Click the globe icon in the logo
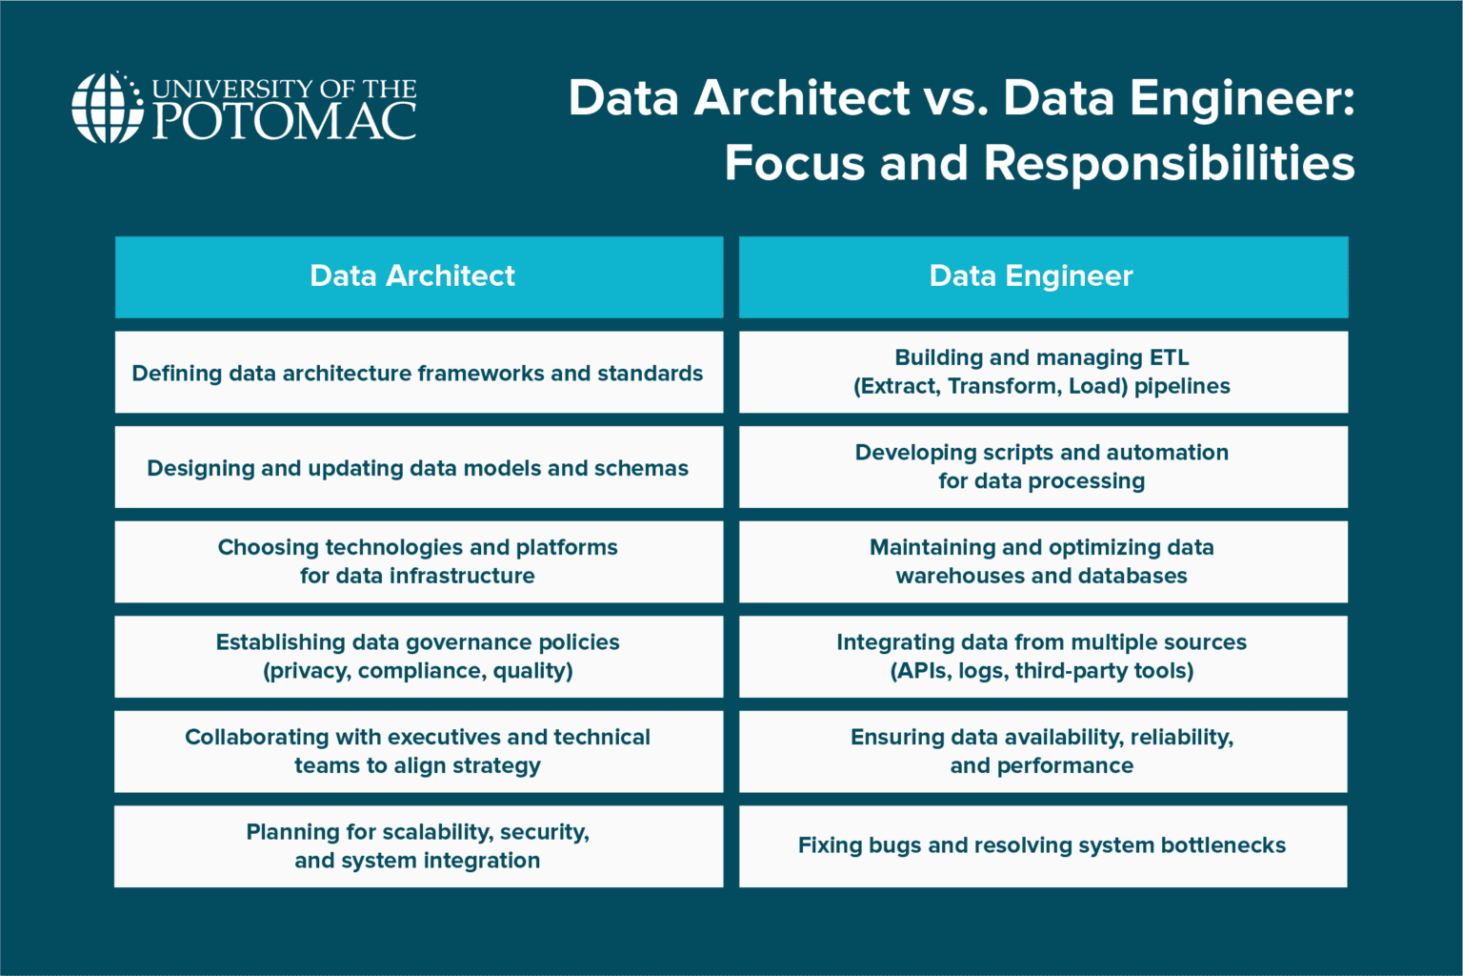(107, 108)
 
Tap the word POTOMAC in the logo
(284, 121)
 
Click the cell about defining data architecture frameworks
(418, 373)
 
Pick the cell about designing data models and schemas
(418, 467)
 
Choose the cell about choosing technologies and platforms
(418, 561)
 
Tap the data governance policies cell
(418, 657)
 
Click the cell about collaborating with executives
(418, 751)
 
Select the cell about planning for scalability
(418, 846)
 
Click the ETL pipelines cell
(1043, 373)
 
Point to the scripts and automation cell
(1043, 467)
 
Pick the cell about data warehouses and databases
(1043, 561)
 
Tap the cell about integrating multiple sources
(1043, 657)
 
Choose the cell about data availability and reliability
(1043, 751)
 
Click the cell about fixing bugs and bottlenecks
(1043, 846)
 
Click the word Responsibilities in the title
(1169, 163)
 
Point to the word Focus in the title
(794, 163)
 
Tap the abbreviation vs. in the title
(955, 98)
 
